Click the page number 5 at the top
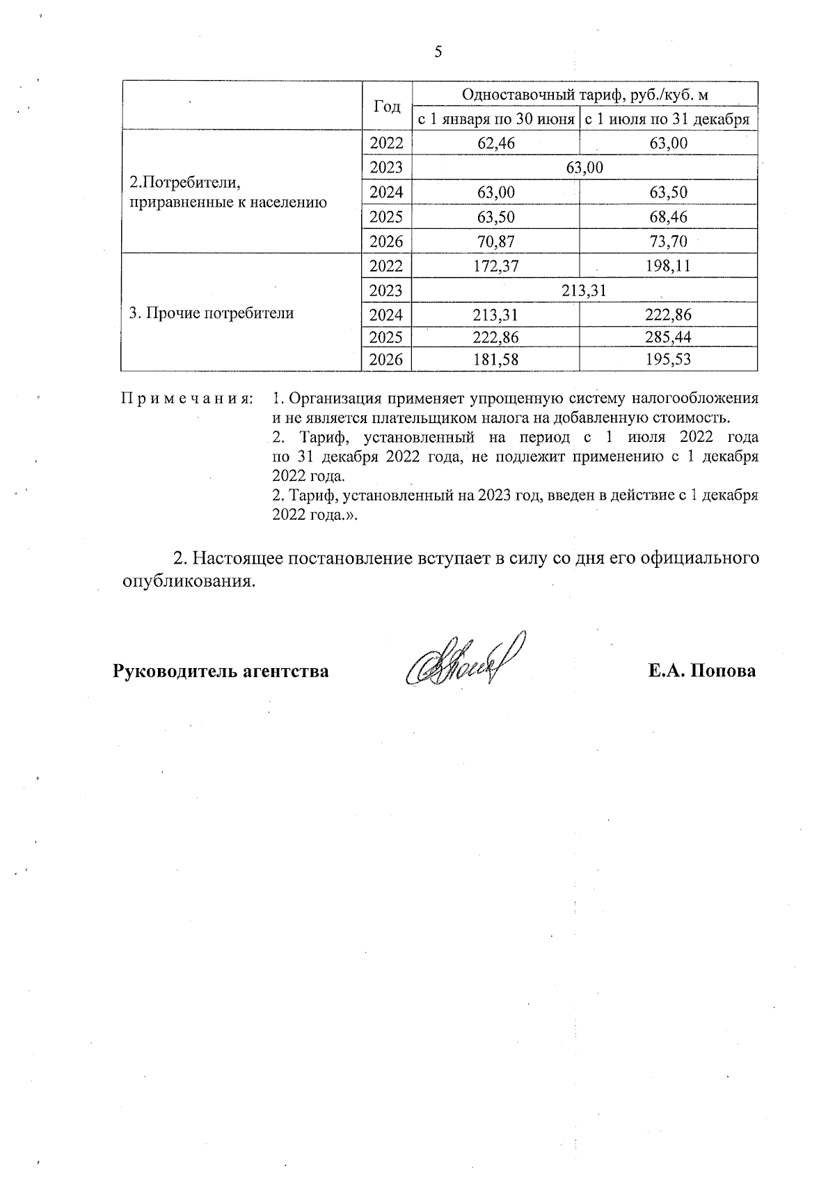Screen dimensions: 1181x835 coord(438,52)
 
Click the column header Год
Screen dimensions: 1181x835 coord(387,106)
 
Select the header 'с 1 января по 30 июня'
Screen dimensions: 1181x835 coord(495,119)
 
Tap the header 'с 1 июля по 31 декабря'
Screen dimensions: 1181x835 coord(667,119)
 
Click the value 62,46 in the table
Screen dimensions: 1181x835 coord(495,144)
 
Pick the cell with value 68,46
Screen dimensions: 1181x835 coord(668,217)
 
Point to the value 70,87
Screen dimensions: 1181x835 coord(495,241)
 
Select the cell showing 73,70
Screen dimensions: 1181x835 coord(668,241)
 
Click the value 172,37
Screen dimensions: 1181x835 coord(495,266)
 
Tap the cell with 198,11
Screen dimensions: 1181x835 coord(668,266)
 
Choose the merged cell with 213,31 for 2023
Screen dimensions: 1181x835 coord(584,290)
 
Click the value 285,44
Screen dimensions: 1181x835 coord(668,338)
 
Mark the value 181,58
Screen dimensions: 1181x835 coord(495,360)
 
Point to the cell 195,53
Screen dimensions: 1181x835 coord(668,360)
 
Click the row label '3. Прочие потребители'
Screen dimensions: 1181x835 coord(212,313)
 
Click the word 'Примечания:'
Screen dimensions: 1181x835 coord(186,399)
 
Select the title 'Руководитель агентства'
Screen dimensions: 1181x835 coord(221,672)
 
